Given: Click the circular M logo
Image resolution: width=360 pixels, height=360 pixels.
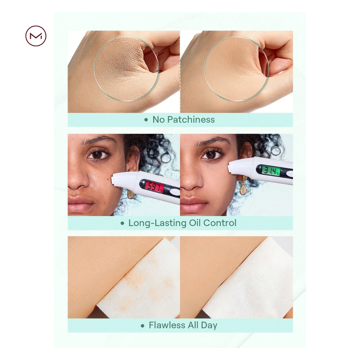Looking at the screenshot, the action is click(36, 36).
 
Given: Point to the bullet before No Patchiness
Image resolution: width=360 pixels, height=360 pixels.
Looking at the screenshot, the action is click(146, 120).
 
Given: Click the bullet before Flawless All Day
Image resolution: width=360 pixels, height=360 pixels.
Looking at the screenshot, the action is click(143, 326).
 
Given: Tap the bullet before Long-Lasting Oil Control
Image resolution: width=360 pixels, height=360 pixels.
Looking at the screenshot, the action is click(122, 223).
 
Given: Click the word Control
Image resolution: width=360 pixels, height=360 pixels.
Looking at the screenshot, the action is click(220, 223).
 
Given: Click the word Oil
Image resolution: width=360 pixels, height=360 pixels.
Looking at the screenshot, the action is click(195, 223).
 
